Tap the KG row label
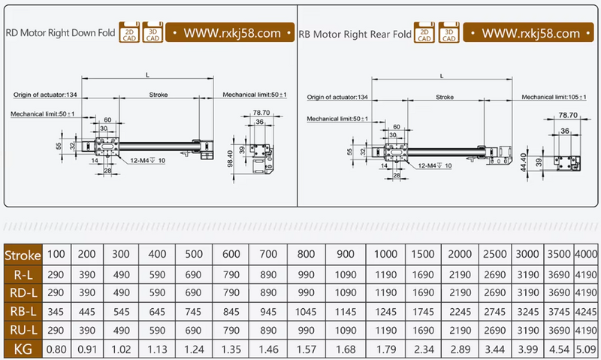pos(23,347)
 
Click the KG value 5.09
pos(587,347)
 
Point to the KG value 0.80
pos(57,347)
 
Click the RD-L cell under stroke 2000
pos(461,291)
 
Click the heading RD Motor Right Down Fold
pos(59,33)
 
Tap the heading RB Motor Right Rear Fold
pos(355,34)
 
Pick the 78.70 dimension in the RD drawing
pos(261,113)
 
